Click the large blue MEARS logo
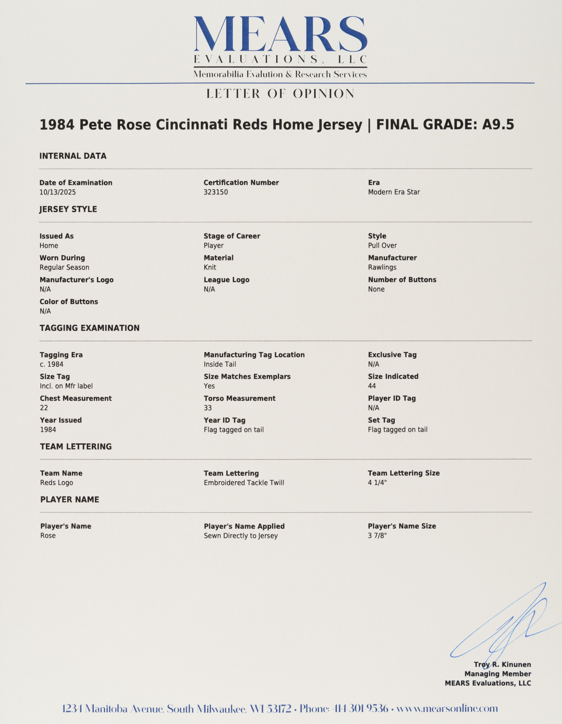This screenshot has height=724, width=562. tap(280, 34)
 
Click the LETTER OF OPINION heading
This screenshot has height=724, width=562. tap(280, 94)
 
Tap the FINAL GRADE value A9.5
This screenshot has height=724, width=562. tap(498, 125)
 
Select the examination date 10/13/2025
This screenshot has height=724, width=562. tap(58, 192)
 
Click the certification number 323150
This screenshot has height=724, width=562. tap(216, 192)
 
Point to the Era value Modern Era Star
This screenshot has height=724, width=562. tap(394, 192)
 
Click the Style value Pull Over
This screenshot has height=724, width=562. tap(382, 245)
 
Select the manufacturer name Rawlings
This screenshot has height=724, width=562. tap(382, 267)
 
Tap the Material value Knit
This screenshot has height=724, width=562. tap(210, 267)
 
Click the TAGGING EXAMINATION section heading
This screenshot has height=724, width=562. tap(90, 328)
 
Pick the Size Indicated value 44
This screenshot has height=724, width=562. tap(372, 386)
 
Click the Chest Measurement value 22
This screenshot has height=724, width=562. tap(44, 408)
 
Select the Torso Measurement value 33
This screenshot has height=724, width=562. tap(208, 408)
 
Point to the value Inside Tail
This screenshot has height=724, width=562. tap(220, 364)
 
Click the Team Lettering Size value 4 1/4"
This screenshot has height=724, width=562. tap(377, 482)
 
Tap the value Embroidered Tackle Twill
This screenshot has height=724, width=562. tap(244, 483)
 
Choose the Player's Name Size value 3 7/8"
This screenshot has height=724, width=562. tap(377, 535)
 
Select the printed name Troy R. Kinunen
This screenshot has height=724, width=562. tap(502, 664)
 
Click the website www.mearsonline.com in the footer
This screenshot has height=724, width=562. tap(447, 709)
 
